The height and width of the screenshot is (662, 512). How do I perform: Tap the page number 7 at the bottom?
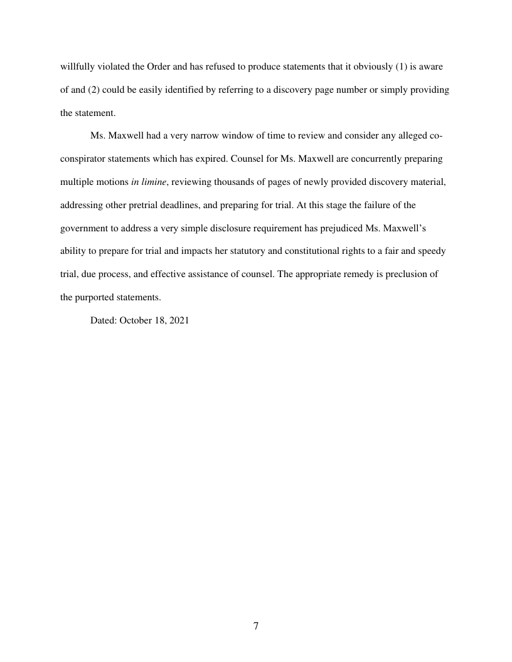tap(256, 626)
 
